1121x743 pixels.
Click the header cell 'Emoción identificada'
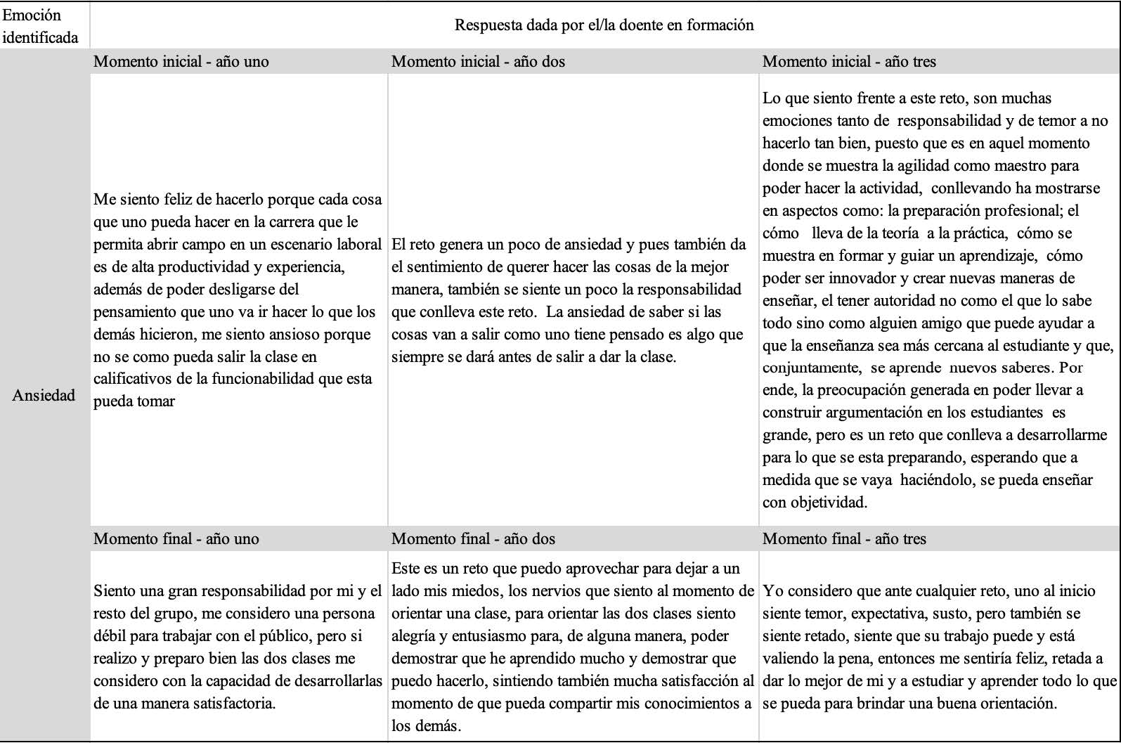pos(40,26)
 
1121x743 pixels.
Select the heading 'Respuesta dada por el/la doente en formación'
pos(604,25)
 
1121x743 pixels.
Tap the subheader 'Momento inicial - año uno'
pos(181,61)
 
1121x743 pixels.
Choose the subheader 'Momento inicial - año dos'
pos(478,61)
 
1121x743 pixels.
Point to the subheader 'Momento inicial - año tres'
pos(849,61)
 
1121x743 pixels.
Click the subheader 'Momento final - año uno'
pos(176,538)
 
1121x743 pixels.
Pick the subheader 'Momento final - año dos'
pos(473,538)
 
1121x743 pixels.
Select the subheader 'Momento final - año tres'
pos(844,538)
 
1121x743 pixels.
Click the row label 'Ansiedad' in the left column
pos(44,395)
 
